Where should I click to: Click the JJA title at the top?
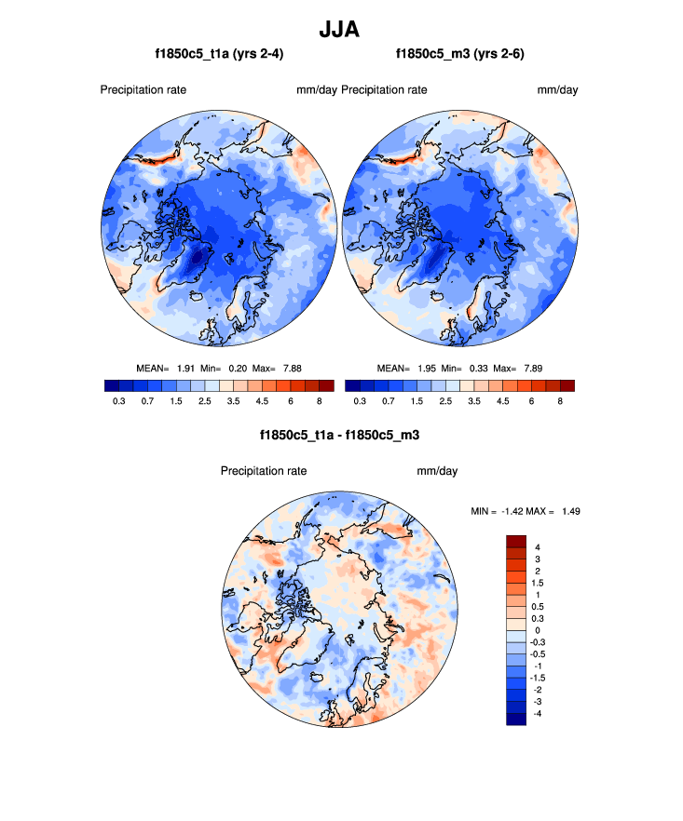coord(340,30)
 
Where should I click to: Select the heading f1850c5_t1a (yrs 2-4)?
coord(220,55)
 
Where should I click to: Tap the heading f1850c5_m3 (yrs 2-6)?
coord(460,55)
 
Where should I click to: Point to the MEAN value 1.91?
coord(186,368)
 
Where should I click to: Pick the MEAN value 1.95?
coord(426,368)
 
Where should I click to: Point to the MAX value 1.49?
coord(571,511)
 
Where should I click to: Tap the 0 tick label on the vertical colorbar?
coord(538,630)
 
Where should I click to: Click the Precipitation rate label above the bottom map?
coord(264,471)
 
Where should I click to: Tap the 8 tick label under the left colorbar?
coord(319,400)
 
